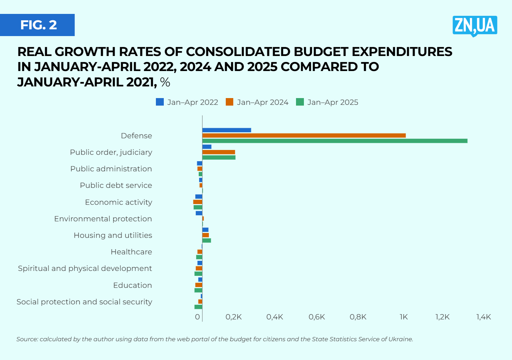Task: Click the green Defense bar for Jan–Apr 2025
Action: pos(334,141)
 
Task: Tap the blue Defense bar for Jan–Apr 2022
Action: pos(227,130)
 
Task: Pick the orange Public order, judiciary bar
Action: pos(218,152)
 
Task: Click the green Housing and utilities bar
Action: pos(207,241)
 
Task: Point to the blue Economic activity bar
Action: pos(199,197)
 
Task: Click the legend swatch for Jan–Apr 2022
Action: pos(160,102)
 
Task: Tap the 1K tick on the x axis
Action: pos(403,317)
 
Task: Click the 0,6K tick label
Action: pos(317,317)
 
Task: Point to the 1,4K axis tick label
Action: pos(483,317)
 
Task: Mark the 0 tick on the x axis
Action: pos(198,317)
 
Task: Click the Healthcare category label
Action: pos(131,252)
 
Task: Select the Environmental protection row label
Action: pos(103,219)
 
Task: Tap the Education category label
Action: pos(132,285)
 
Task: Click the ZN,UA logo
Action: pos(475,26)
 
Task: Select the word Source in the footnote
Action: pos(27,339)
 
